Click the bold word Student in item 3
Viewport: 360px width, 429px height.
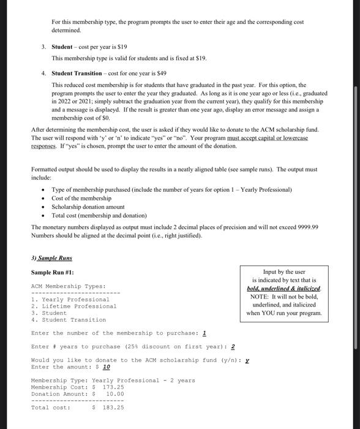[62, 47]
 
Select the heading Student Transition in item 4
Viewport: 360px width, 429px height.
[77, 73]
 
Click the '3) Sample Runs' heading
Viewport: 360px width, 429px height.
[51, 258]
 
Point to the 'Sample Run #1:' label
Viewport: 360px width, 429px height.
[52, 272]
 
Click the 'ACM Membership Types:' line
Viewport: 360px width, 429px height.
[68, 286]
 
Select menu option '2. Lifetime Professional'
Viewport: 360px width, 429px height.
[73, 306]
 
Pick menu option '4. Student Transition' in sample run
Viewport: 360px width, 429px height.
[68, 320]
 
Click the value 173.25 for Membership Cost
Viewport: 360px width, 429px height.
[113, 387]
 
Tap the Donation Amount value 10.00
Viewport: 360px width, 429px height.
[115, 394]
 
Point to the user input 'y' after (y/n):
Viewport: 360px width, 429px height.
[247, 360]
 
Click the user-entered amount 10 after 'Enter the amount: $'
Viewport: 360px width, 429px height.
[107, 367]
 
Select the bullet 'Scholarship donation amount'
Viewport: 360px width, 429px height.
[88, 207]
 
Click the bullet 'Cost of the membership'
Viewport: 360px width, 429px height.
[81, 199]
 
